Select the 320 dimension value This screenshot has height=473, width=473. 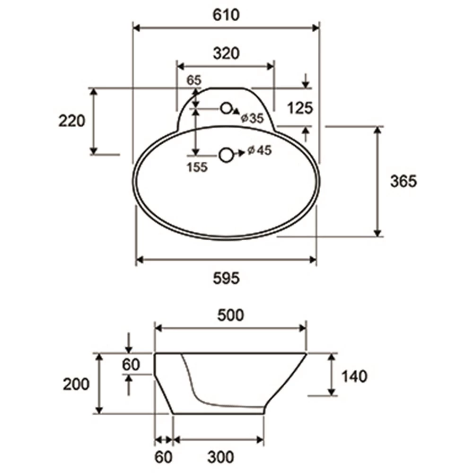(226, 53)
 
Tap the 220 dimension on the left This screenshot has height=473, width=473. (72, 121)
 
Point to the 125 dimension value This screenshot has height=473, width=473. (300, 108)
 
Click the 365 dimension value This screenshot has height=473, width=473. (403, 181)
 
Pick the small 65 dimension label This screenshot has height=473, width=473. (193, 80)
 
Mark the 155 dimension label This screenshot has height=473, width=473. (197, 167)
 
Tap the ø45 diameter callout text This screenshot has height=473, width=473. (258, 150)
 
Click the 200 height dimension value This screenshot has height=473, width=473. (77, 384)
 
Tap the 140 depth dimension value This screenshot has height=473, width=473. (354, 377)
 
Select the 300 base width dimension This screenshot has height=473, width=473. (220, 457)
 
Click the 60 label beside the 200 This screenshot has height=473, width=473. (131, 365)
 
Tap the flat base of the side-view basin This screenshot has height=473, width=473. (218, 413)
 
